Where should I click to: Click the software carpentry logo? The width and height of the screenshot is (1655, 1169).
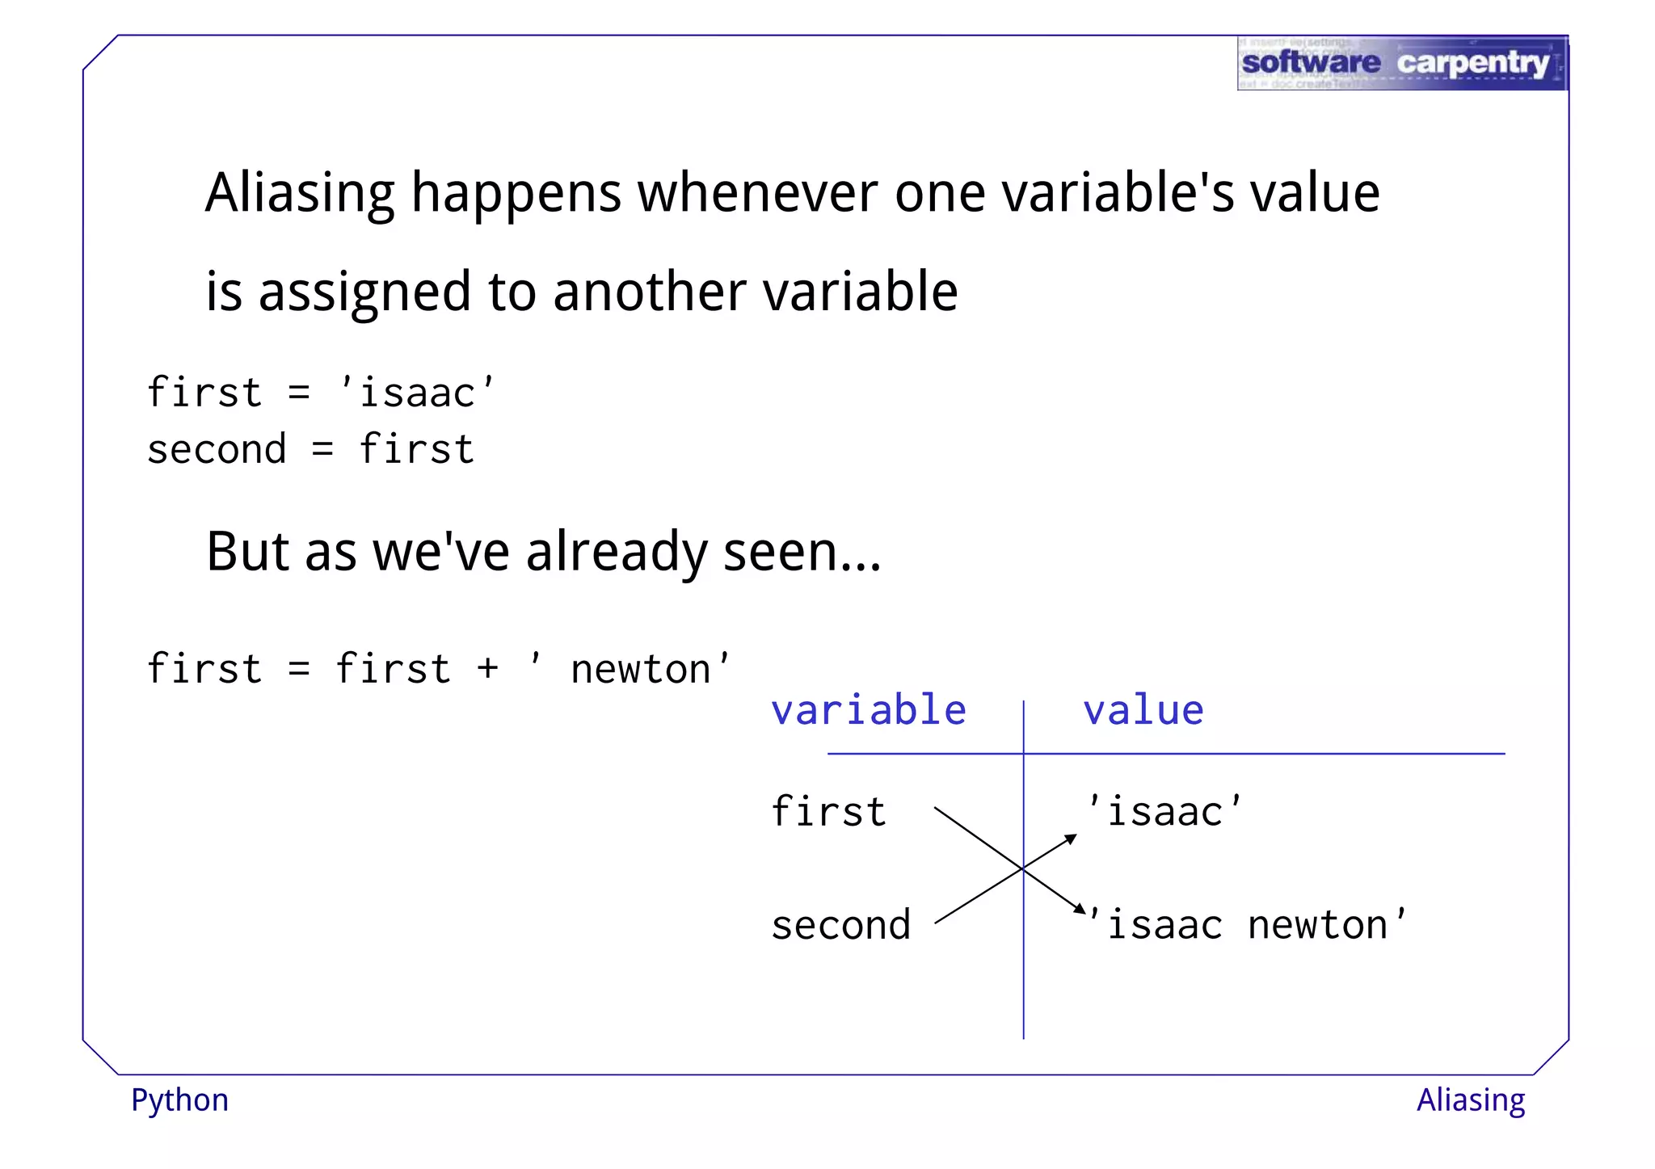click(1402, 63)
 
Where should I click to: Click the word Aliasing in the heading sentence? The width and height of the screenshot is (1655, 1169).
click(300, 194)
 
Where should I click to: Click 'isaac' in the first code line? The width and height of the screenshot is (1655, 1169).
click(417, 393)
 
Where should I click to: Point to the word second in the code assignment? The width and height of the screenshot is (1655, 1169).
click(217, 450)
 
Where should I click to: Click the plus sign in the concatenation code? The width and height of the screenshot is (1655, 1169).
click(487, 669)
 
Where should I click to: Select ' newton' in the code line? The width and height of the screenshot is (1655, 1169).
click(630, 669)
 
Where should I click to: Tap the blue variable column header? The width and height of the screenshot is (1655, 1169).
click(869, 710)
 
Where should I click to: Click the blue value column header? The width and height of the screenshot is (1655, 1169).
click(1143, 710)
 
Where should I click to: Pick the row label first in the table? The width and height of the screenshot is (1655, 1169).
click(828, 811)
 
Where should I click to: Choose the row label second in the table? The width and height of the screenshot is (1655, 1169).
click(840, 925)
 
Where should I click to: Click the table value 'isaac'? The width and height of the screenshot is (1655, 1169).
click(1164, 811)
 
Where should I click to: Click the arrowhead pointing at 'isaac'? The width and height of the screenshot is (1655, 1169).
click(1071, 839)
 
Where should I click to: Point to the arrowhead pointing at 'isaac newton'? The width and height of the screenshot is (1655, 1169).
click(1080, 909)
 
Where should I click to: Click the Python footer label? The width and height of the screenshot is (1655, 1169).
click(179, 1101)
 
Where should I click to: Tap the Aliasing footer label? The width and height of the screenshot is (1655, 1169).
click(1471, 1100)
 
